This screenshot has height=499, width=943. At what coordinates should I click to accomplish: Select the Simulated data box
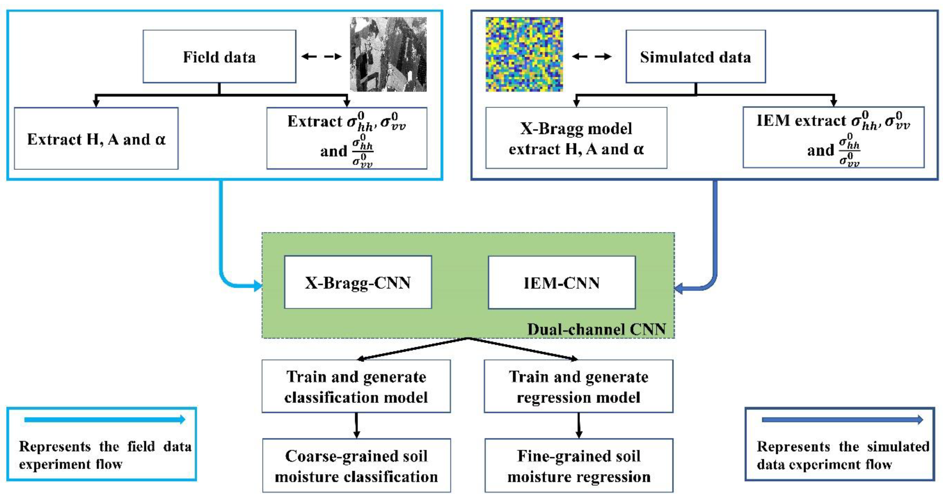(x=695, y=57)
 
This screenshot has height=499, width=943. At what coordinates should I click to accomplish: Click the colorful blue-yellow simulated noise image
(x=524, y=54)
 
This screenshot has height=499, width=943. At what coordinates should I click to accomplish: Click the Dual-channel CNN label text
(x=596, y=329)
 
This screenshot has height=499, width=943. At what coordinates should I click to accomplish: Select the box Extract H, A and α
(x=96, y=139)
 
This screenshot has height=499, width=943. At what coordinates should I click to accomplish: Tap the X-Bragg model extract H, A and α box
(x=576, y=138)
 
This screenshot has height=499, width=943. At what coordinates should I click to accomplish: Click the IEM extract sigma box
(x=833, y=138)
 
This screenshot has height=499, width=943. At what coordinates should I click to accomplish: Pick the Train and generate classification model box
(x=356, y=386)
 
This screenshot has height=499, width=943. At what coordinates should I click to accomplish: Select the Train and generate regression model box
(x=578, y=386)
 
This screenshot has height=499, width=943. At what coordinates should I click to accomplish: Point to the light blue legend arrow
(x=104, y=420)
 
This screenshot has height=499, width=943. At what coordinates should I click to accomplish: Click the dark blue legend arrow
(x=842, y=420)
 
